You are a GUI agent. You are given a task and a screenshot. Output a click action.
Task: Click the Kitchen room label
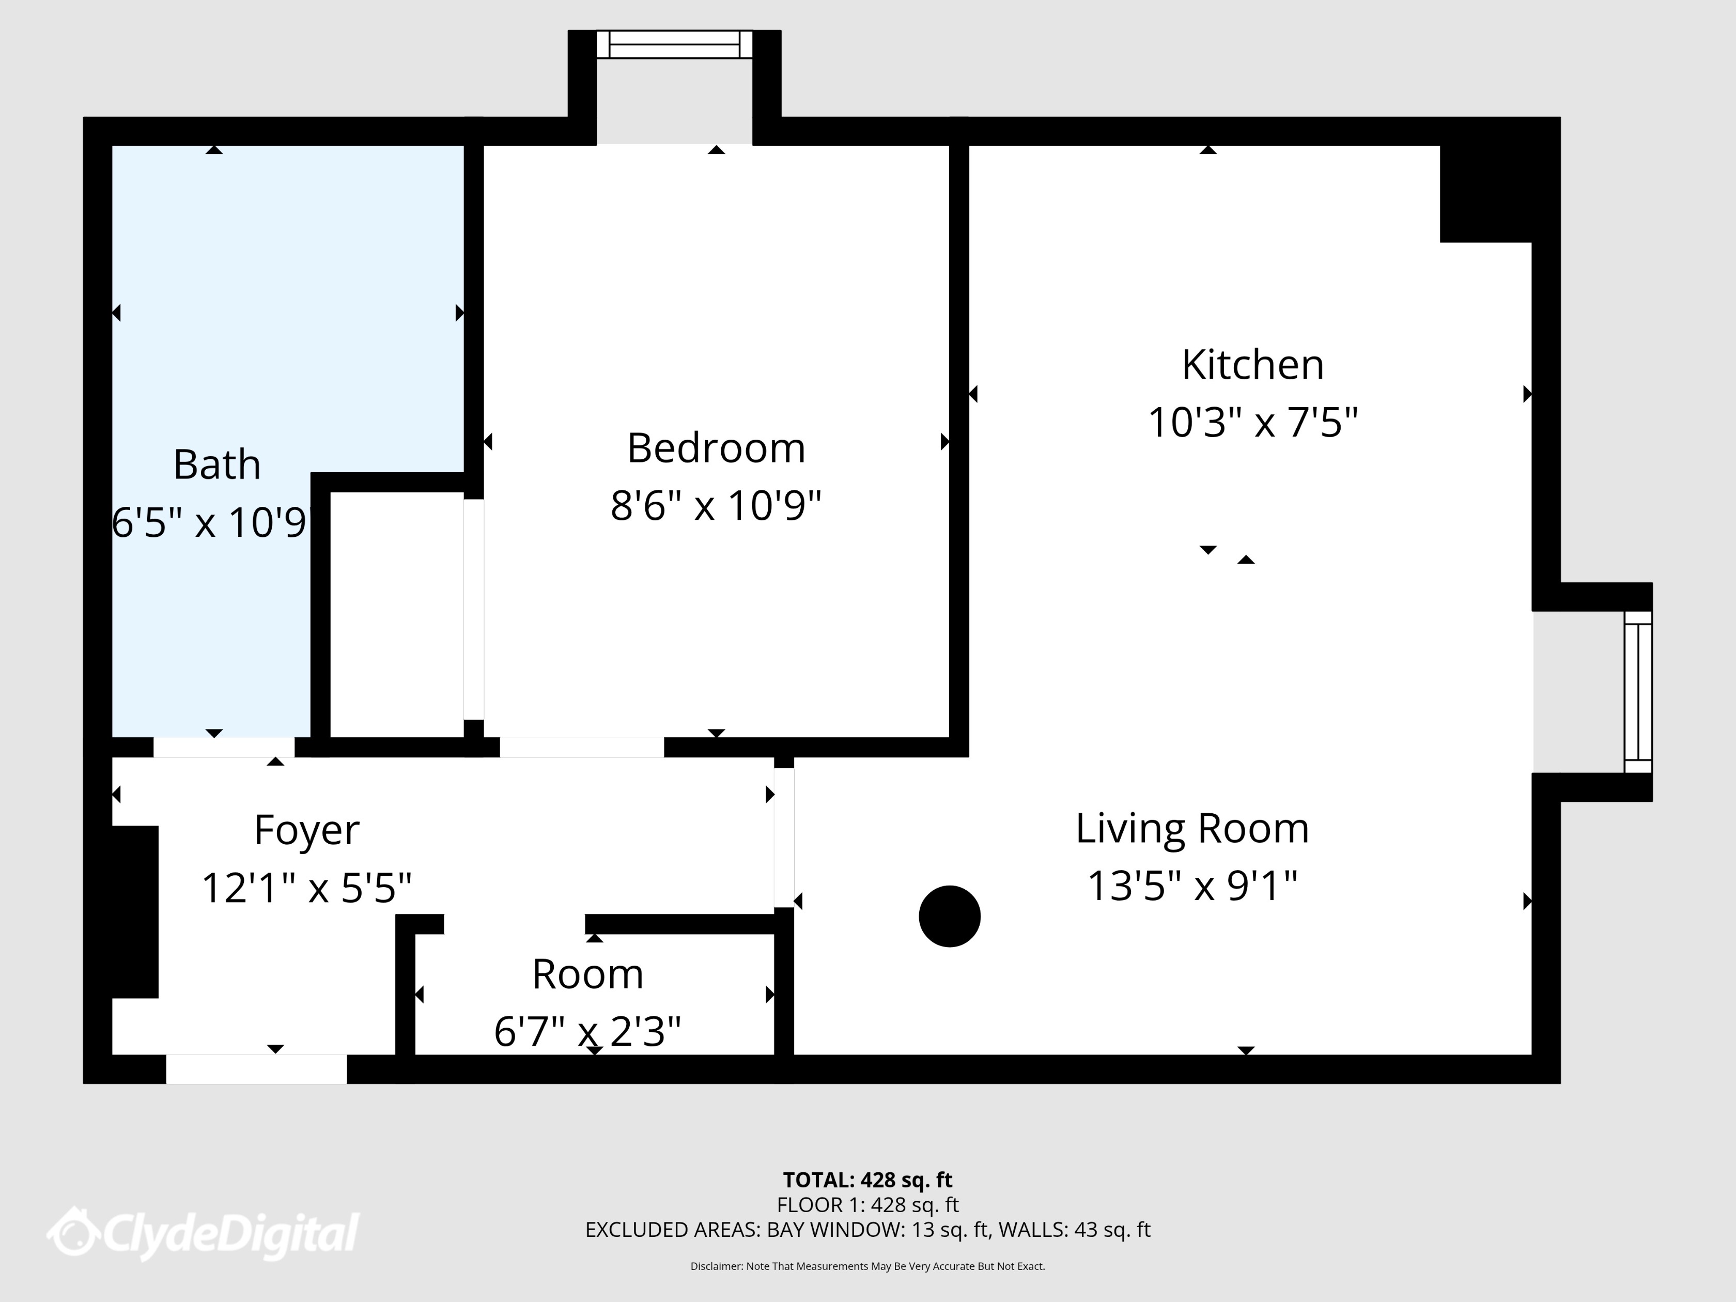(x=1252, y=365)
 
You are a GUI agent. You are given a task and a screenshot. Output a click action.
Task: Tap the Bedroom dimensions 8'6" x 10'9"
(x=716, y=505)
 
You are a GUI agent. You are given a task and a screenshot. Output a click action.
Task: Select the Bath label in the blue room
(x=216, y=464)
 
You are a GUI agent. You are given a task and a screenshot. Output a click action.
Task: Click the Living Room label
(x=1191, y=829)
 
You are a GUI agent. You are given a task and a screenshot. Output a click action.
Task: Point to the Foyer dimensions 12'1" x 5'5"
(x=307, y=888)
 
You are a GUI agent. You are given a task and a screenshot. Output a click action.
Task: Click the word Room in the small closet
(x=588, y=975)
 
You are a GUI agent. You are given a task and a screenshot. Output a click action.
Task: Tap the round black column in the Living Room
(x=950, y=916)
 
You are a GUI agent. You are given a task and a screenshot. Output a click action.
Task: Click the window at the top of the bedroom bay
(x=674, y=45)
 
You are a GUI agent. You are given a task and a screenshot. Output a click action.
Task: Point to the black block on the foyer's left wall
(x=135, y=912)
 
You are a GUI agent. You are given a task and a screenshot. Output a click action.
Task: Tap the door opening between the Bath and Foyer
(x=224, y=747)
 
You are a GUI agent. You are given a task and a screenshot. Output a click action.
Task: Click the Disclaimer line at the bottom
(x=867, y=1266)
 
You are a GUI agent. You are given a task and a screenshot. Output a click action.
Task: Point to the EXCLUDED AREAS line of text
(x=867, y=1230)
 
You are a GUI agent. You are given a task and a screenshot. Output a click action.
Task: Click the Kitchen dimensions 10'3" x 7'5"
(x=1252, y=423)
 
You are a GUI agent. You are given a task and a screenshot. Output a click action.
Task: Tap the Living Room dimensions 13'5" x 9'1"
(x=1191, y=887)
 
